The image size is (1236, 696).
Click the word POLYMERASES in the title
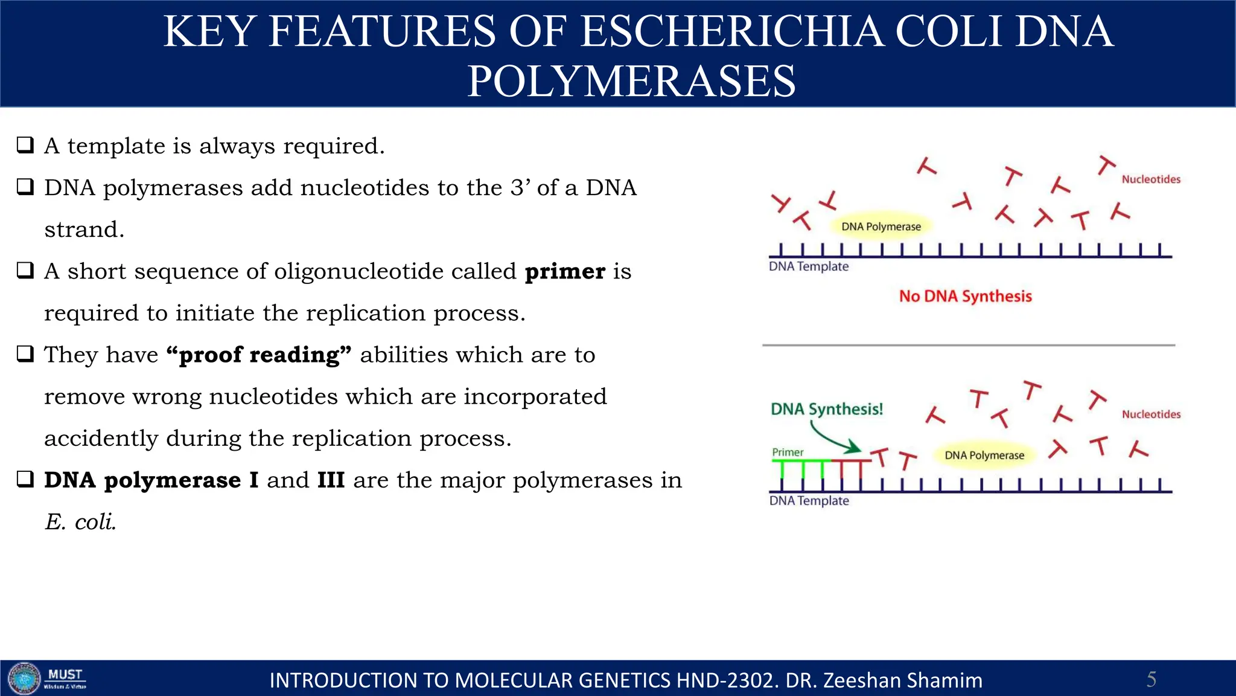631,81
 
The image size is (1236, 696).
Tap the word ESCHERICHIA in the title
731,31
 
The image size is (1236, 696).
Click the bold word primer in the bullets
565,271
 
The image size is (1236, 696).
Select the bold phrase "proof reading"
259,355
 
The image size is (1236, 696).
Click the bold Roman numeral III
331,480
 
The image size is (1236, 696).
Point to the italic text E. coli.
80,522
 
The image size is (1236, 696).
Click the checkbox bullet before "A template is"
25,145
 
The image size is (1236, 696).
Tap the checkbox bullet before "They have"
25,354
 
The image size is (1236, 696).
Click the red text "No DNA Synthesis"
965,296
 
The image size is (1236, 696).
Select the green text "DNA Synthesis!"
826,409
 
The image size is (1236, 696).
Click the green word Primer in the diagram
788,452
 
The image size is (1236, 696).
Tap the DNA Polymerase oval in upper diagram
881,227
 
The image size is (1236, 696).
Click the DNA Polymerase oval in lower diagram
984,455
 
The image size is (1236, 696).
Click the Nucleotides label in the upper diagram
1150,179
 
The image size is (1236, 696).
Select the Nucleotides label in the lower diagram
1150,414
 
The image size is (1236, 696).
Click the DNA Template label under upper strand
808,266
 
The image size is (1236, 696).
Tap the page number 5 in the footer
1151,679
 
